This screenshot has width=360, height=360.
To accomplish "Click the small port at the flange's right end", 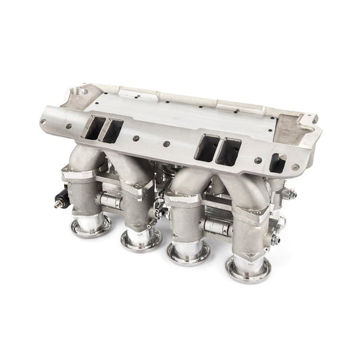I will click(x=277, y=162).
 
